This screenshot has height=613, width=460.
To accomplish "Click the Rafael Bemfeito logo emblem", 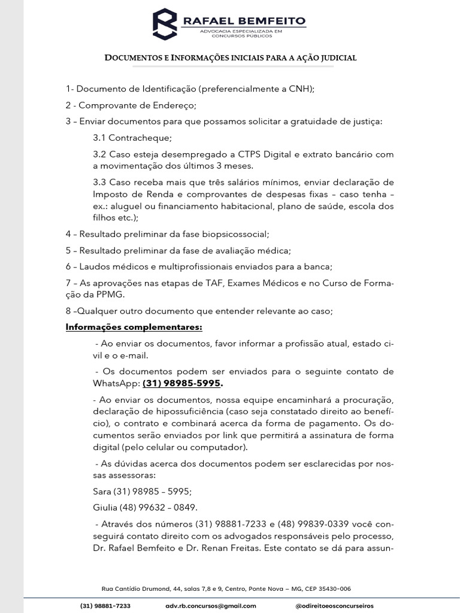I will (x=166, y=25).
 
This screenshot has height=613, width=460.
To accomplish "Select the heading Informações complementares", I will (x=134, y=327).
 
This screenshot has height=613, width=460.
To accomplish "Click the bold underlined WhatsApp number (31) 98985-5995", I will (x=182, y=383).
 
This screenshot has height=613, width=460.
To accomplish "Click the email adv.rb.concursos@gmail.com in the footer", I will (x=211, y=606).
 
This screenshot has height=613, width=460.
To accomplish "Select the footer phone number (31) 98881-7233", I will (x=105, y=606).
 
